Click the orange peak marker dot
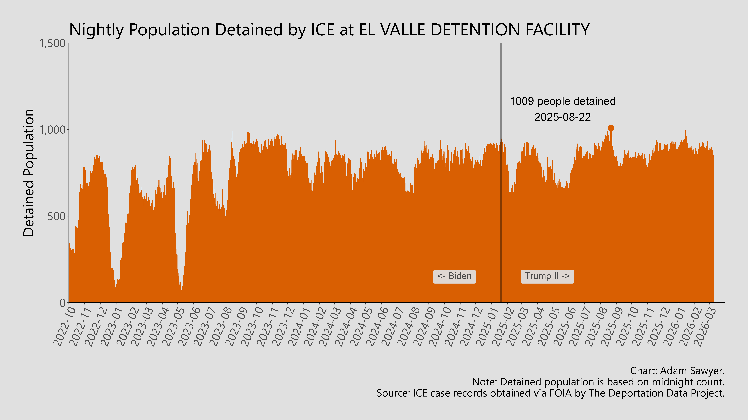tap(611, 128)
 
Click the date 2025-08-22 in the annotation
tap(562, 117)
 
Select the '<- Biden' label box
tap(454, 276)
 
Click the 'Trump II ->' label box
tap(547, 276)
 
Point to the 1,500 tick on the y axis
tap(52, 43)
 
